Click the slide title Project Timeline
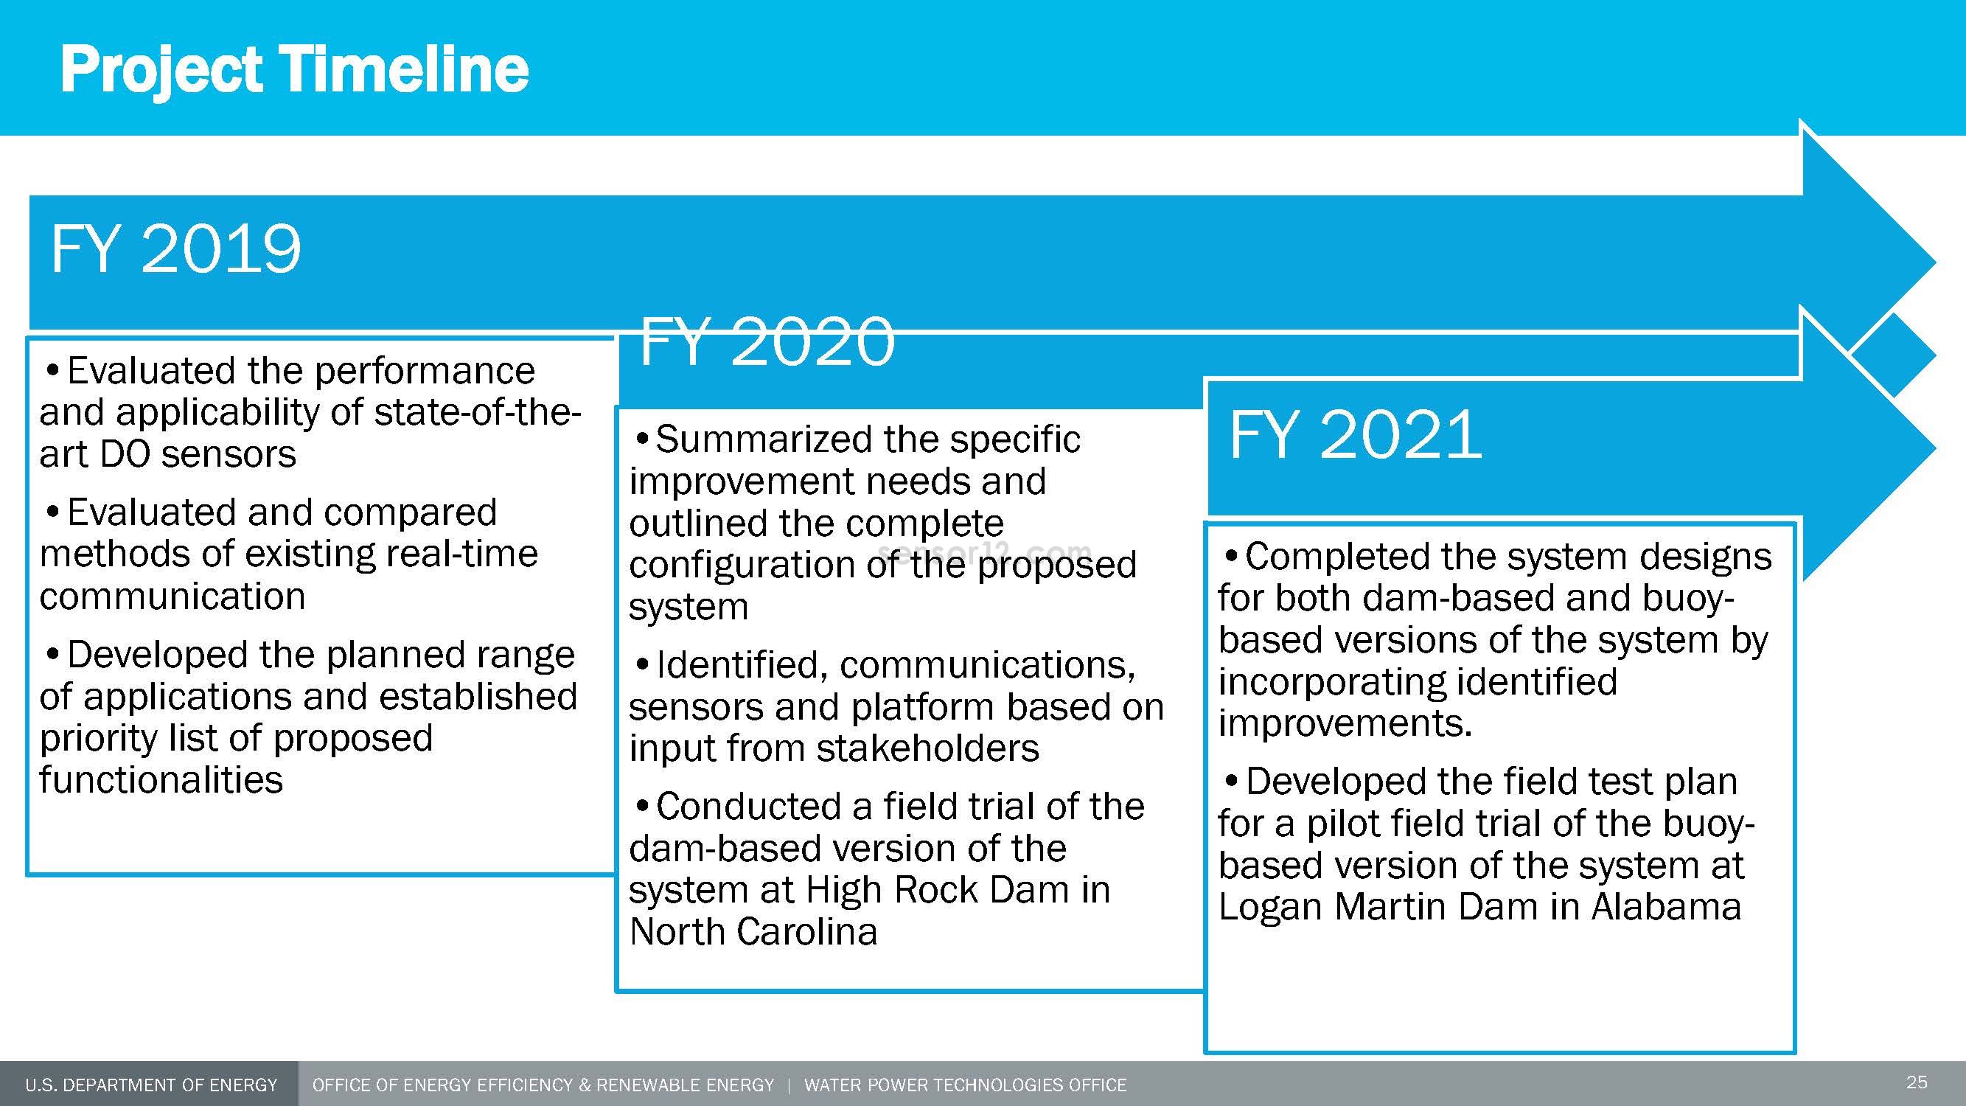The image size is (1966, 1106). (295, 70)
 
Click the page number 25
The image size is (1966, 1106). (1917, 1082)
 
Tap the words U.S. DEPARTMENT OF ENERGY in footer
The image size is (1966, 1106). (151, 1085)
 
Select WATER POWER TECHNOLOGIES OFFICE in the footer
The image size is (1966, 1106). (966, 1085)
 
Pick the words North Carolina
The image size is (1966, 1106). (753, 931)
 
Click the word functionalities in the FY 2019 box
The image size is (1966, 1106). (161, 779)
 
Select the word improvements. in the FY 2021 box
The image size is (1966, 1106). (1345, 723)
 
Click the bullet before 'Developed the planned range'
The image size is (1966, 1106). (52, 655)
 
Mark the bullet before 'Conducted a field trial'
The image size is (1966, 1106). (642, 806)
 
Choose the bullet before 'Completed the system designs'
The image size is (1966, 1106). (1231, 556)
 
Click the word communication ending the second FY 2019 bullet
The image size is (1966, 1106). (172, 596)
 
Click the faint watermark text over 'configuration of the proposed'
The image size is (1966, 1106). (985, 550)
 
